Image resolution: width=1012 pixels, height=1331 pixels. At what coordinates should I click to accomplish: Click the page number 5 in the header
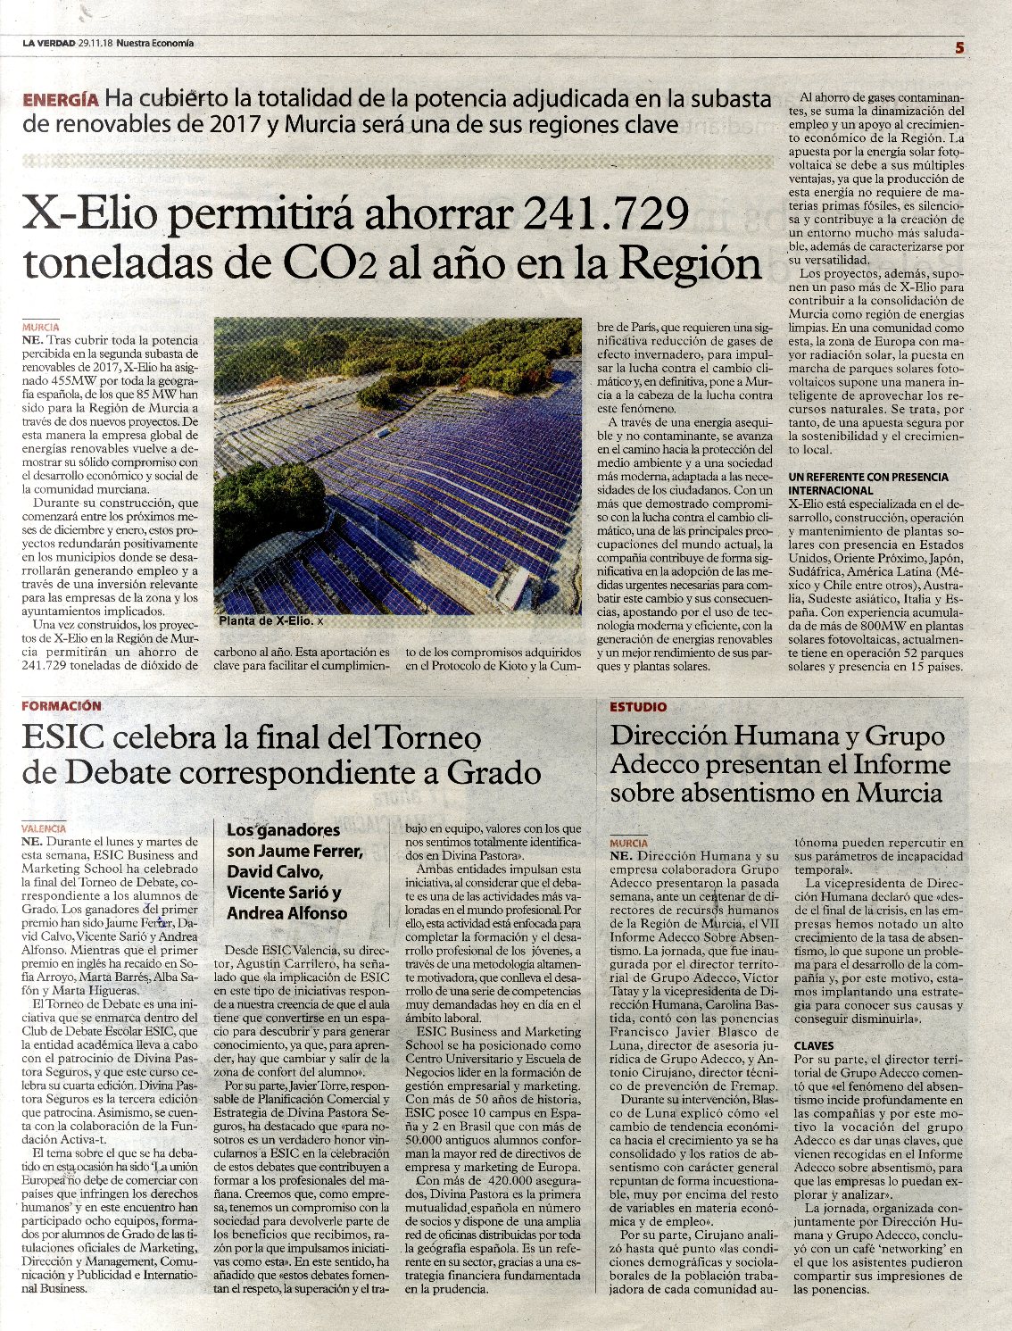point(959,48)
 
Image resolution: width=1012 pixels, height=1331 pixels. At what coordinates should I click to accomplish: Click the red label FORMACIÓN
point(62,706)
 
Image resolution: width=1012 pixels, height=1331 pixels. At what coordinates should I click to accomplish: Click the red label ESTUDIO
point(638,707)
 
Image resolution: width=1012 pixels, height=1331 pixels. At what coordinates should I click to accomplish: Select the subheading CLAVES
point(814,1045)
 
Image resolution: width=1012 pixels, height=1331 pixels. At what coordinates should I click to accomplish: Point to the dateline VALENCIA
point(44,828)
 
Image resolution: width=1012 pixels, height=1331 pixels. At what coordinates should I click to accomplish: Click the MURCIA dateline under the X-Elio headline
point(40,328)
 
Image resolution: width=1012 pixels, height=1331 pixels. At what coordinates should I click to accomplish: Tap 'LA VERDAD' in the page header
point(48,43)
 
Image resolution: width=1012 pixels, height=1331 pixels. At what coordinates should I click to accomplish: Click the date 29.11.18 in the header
point(95,43)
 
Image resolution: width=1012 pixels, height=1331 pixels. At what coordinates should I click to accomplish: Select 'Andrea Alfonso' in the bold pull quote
point(286,913)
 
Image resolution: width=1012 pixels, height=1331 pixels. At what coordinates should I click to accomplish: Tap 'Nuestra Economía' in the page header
point(155,43)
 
